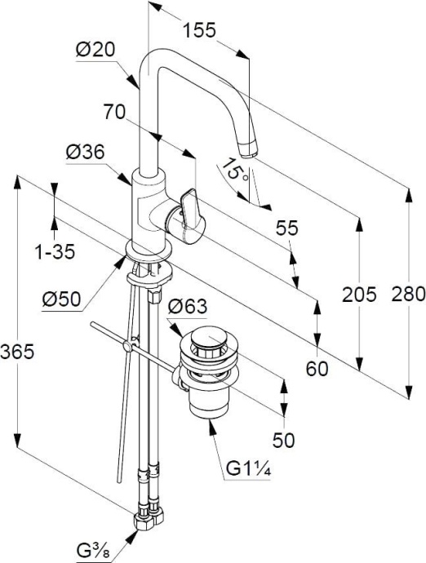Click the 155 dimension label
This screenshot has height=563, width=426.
[x=199, y=30]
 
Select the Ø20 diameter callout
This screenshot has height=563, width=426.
[x=95, y=49]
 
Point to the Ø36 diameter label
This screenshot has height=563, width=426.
[x=85, y=153]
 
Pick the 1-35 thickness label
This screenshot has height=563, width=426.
[x=55, y=251]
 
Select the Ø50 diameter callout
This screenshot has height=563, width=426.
[x=61, y=299]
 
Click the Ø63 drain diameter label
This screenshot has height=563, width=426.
[x=188, y=306]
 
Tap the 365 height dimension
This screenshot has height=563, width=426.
[x=17, y=351]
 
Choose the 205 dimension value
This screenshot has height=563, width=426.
[x=359, y=294]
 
